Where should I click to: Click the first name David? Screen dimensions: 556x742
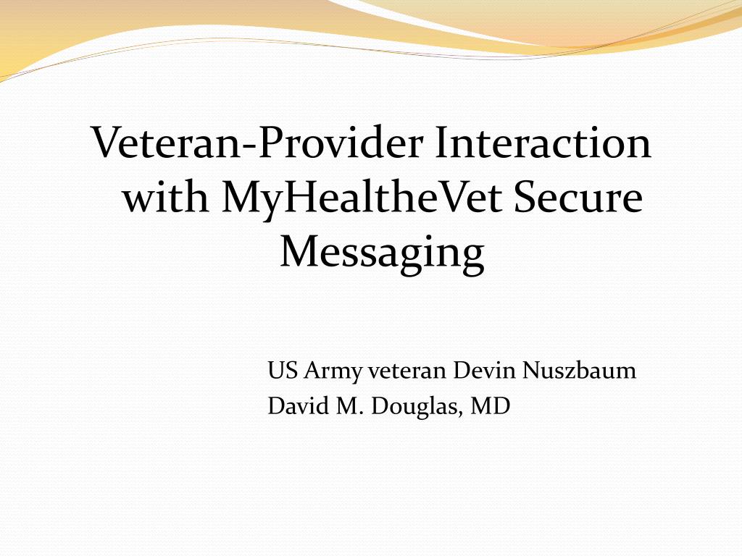pos(293,406)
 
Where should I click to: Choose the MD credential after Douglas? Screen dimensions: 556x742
pos(491,406)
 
